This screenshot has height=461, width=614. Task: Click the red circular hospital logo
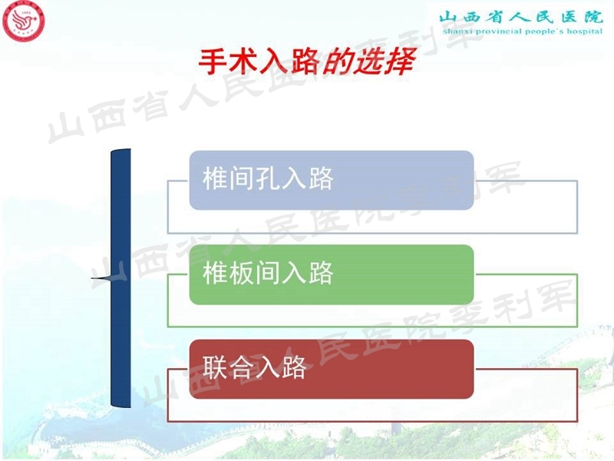(x=24, y=22)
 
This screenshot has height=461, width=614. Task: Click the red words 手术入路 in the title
(x=258, y=62)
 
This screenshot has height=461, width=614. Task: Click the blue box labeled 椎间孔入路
(x=331, y=180)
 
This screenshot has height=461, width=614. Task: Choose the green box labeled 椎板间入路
(x=331, y=274)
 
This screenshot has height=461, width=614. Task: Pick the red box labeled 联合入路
(x=331, y=369)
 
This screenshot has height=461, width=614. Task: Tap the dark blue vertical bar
(x=120, y=277)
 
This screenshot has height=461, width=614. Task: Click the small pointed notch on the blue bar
(x=100, y=277)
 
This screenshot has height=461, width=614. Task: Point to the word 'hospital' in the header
(x=582, y=33)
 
